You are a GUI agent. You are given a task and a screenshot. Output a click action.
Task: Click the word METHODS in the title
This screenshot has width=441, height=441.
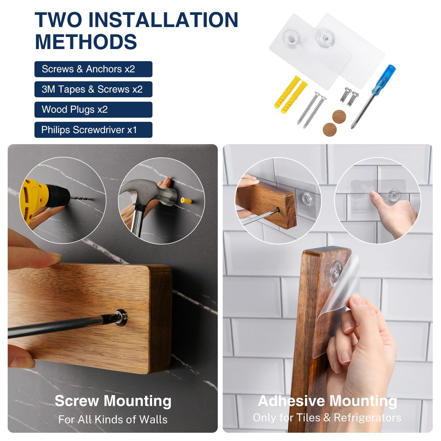[x=86, y=41]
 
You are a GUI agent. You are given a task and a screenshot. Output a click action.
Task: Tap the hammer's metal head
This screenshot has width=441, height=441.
[x=149, y=191]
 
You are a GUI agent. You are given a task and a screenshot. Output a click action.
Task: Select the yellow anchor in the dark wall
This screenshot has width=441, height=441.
[x=186, y=201]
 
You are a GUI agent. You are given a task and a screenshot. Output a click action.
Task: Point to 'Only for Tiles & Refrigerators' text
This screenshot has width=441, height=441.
[x=327, y=418]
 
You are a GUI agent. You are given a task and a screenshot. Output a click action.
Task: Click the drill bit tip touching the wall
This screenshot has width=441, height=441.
[x=92, y=199]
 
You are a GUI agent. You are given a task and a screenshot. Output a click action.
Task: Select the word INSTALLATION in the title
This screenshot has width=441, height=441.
[x=163, y=20]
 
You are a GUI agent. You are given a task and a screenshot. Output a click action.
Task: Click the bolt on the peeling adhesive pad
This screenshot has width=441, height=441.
[x=336, y=274]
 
